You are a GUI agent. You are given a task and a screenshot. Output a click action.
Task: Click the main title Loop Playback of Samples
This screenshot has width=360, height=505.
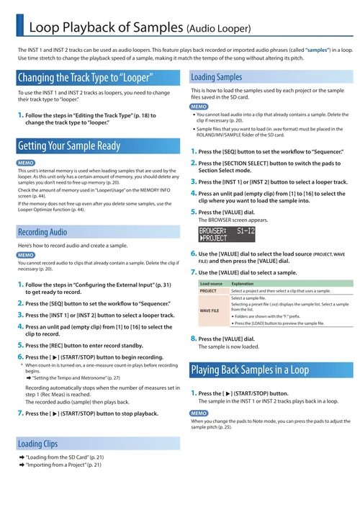click(x=105, y=28)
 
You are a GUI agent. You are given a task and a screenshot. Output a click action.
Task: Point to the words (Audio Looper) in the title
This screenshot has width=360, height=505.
click(x=218, y=29)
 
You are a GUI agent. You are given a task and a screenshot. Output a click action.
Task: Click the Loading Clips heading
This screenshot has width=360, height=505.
click(x=37, y=443)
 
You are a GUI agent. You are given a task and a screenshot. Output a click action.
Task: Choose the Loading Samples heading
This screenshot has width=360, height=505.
click(x=216, y=77)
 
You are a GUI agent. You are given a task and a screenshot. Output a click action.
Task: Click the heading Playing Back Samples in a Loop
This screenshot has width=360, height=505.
click(x=248, y=370)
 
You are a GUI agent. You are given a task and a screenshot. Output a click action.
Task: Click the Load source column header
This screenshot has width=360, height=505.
click(x=210, y=284)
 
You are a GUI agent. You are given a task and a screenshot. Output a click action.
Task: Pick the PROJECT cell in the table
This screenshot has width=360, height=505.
click(x=208, y=291)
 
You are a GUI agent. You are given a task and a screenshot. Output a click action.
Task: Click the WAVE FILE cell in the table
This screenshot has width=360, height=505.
click(x=210, y=310)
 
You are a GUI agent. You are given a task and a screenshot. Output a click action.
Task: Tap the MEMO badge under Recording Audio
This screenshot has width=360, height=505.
click(x=26, y=255)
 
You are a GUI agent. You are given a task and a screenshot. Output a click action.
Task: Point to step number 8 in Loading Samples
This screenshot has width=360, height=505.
click(x=193, y=338)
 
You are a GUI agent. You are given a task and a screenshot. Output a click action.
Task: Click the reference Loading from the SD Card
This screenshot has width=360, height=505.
click(x=66, y=457)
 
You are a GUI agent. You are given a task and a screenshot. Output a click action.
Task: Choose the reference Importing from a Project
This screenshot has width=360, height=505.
click(x=65, y=465)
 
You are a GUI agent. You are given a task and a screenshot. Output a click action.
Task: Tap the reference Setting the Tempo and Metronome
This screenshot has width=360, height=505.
click(x=76, y=377)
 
